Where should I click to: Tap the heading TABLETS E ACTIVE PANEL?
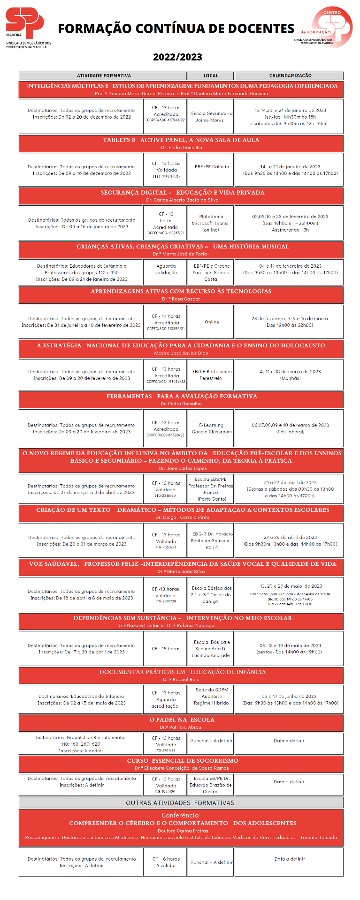point(180,139)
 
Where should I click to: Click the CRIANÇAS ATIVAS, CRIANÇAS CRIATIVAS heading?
point(180,244)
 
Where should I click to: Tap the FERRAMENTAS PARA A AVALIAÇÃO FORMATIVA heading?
point(180,397)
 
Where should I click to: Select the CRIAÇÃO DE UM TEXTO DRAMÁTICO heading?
point(180,511)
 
